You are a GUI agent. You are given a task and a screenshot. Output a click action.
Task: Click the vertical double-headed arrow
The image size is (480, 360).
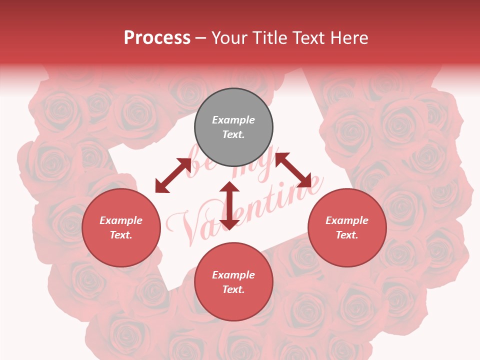click(x=229, y=205)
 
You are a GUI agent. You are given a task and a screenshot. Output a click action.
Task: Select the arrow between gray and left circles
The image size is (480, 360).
click(x=173, y=175)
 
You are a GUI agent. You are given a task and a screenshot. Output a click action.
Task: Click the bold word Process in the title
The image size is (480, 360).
click(x=157, y=37)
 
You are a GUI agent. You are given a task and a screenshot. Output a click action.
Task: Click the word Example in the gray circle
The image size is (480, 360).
click(x=233, y=120)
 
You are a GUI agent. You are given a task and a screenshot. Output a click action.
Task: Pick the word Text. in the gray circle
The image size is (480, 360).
click(x=233, y=134)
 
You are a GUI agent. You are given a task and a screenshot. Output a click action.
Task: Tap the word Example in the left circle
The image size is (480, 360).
click(x=121, y=220)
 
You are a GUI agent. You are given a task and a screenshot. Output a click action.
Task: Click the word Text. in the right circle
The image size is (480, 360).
click(x=347, y=235)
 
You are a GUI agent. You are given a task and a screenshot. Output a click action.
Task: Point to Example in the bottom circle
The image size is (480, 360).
click(x=233, y=275)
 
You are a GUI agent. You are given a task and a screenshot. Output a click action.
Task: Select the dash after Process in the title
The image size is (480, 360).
click(x=201, y=37)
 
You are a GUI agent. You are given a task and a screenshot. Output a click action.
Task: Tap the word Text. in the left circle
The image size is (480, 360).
click(x=121, y=235)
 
